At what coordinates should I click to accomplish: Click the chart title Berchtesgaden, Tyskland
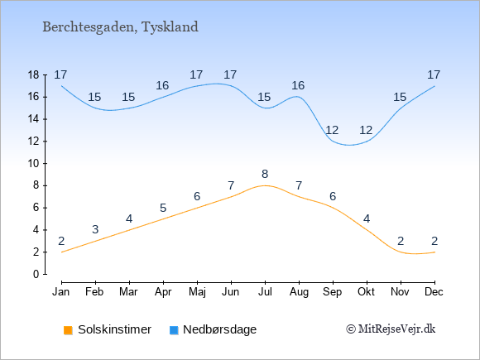(x=120, y=27)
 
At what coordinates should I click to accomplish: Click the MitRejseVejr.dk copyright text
(x=391, y=329)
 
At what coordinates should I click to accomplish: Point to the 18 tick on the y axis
(x=33, y=74)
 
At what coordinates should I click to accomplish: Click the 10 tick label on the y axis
(x=33, y=164)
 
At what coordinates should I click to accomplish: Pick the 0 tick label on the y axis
(x=36, y=274)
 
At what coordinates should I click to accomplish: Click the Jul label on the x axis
(x=265, y=292)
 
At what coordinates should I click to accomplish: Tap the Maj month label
(x=197, y=292)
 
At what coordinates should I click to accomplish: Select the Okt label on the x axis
(x=366, y=292)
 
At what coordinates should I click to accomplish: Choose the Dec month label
(x=434, y=292)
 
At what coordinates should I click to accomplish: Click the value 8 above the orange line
(x=265, y=174)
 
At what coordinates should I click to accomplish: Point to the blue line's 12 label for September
(x=332, y=131)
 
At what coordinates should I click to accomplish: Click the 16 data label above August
(x=298, y=86)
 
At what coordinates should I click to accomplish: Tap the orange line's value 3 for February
(x=95, y=229)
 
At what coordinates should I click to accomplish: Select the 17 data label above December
(x=434, y=74)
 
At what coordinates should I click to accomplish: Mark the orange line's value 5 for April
(x=163, y=209)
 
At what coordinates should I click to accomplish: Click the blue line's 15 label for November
(x=400, y=98)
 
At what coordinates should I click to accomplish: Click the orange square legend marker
(x=68, y=330)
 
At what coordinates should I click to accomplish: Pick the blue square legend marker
(x=174, y=330)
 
